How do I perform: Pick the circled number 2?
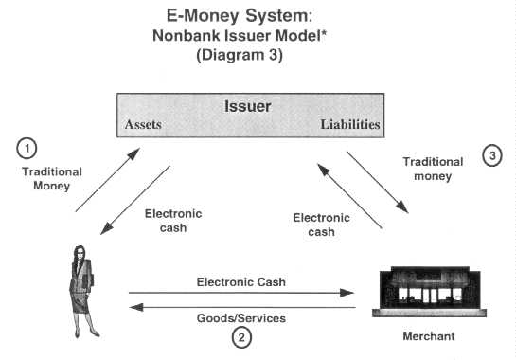pos(242,335)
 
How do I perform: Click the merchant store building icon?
pos(418,287)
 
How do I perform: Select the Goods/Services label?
pos(241,317)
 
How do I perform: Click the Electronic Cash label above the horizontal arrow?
pos(241,281)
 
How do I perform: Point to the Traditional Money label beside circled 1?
pos(51,179)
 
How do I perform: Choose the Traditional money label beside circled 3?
pos(433,169)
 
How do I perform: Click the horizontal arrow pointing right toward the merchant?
pos(240,294)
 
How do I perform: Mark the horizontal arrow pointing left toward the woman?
pos(240,307)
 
